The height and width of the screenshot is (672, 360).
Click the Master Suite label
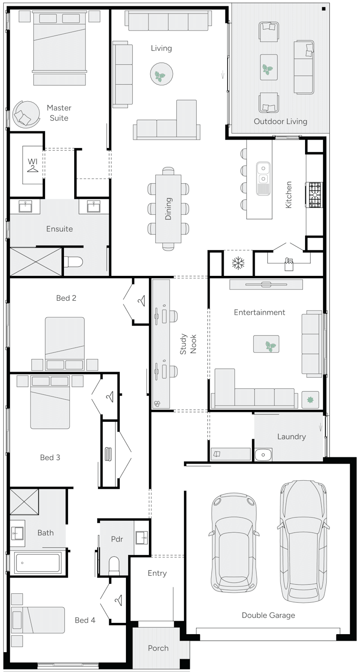(x=59, y=113)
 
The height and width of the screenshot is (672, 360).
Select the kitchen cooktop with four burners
(x=315, y=194)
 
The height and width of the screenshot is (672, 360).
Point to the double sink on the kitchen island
(x=263, y=178)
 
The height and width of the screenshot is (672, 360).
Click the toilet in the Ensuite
(x=74, y=261)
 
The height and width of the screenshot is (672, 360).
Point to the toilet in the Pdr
(x=114, y=565)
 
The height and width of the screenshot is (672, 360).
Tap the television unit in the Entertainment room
(x=265, y=284)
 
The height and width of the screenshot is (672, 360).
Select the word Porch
(x=158, y=648)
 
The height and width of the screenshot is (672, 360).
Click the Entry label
(x=157, y=573)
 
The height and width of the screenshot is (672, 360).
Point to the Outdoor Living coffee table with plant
(x=269, y=68)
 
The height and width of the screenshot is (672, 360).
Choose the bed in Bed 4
(x=38, y=620)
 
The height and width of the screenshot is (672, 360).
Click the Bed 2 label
(x=66, y=298)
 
